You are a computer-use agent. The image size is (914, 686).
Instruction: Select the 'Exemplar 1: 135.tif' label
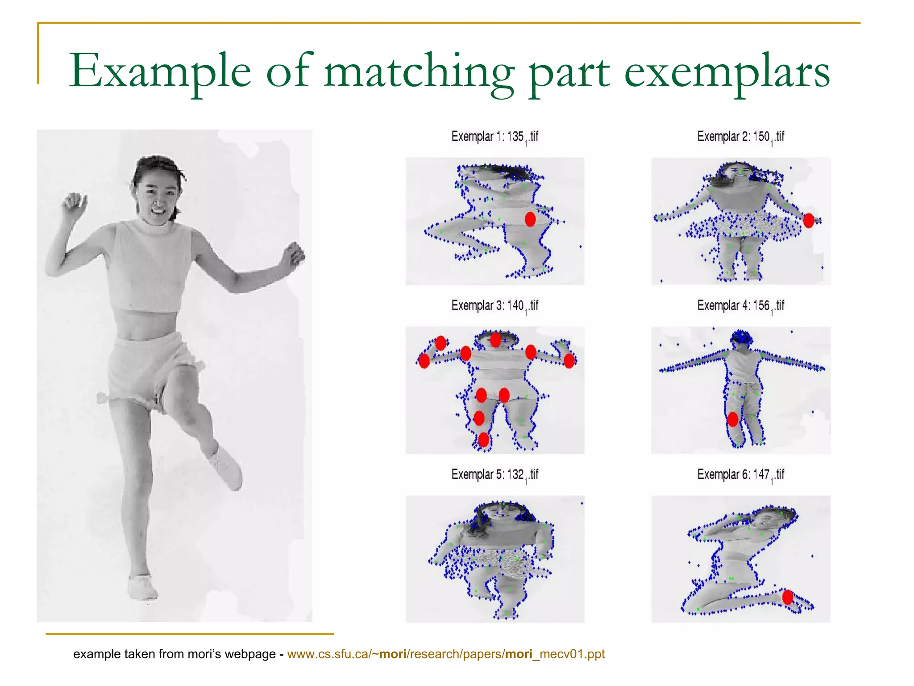click(x=494, y=137)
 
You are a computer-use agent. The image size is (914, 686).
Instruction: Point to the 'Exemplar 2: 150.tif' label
click(x=740, y=137)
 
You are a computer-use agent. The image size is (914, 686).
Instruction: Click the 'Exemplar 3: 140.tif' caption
click(x=494, y=306)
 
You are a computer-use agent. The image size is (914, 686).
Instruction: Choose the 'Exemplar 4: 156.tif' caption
click(x=740, y=306)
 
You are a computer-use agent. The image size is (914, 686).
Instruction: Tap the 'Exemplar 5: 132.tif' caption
click(x=494, y=475)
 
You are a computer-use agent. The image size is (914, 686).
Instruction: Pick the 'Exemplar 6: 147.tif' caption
click(x=740, y=475)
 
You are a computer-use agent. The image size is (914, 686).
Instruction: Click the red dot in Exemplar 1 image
click(x=530, y=219)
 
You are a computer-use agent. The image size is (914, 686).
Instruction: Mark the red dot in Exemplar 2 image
click(x=808, y=220)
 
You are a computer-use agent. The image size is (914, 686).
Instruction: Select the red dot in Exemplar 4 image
click(x=733, y=419)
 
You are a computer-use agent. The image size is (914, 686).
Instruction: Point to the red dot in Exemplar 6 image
click(x=788, y=597)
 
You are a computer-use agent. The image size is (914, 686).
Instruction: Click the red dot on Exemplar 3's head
click(x=495, y=340)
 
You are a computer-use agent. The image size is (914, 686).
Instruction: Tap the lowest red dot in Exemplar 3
click(x=484, y=440)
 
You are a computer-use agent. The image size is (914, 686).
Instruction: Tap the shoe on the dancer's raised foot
click(x=228, y=467)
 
